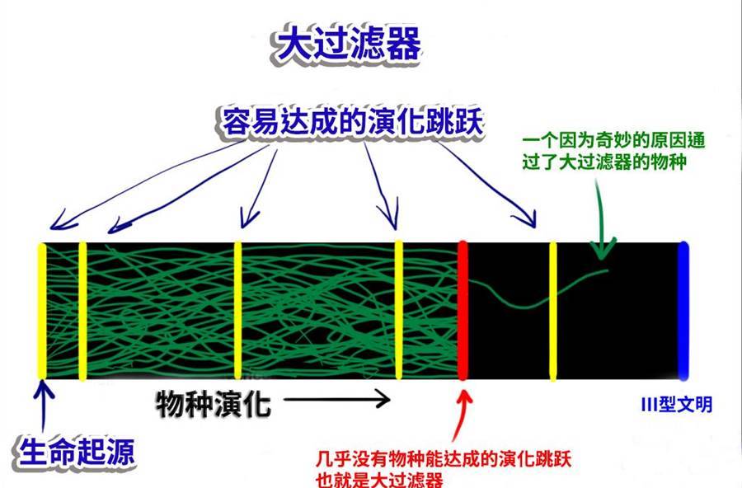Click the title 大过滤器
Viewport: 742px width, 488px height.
point(348,44)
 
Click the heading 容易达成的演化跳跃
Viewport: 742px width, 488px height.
point(353,122)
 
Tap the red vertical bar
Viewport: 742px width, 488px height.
point(463,310)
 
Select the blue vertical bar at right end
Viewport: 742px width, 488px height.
point(683,311)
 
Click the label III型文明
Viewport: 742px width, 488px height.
point(677,406)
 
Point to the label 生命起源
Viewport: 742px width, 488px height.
point(77,452)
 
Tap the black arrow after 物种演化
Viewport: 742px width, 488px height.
point(337,399)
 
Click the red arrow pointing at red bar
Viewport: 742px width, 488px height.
point(460,415)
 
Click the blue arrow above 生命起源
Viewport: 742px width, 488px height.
point(44,406)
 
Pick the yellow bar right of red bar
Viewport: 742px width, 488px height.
point(552,311)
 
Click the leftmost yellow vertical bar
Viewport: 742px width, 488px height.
point(42,311)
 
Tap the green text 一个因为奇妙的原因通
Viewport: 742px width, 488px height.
point(613,141)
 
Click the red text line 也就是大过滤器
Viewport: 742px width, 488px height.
point(379,479)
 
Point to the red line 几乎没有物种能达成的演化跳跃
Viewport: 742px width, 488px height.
point(444,458)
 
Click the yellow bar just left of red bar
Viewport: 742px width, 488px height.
point(398,310)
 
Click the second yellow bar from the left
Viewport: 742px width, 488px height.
point(82,311)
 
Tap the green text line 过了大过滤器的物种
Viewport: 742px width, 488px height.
point(604,162)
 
